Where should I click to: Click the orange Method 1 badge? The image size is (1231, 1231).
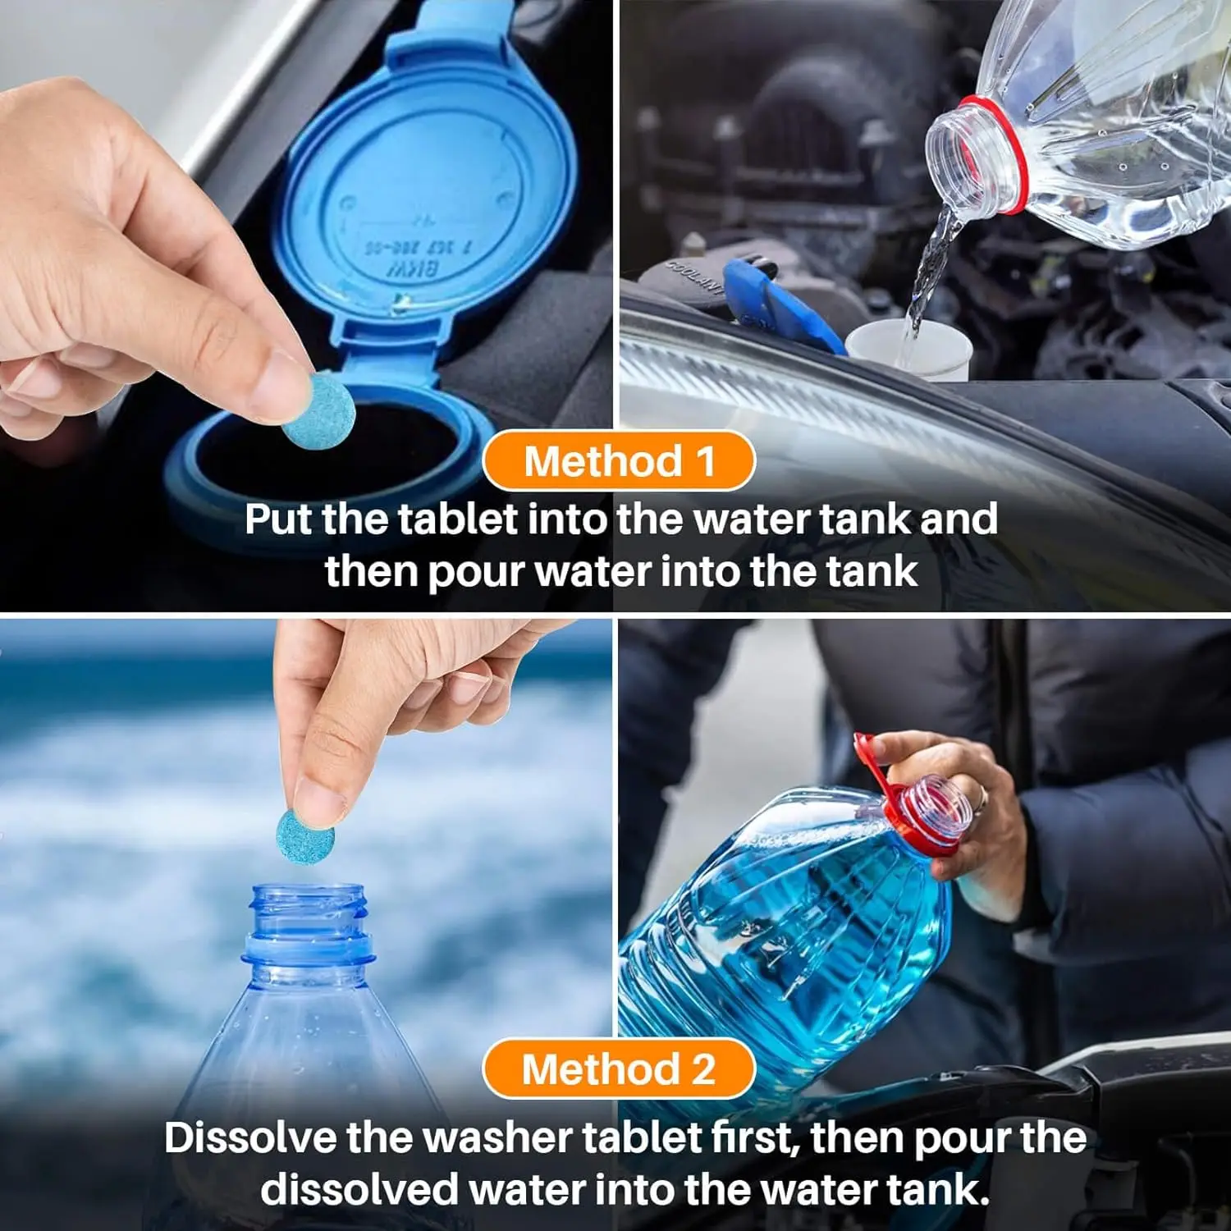pyautogui.click(x=618, y=460)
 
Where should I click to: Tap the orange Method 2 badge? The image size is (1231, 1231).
pyautogui.click(x=618, y=1069)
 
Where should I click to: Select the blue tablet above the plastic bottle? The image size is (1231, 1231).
pyautogui.click(x=305, y=836)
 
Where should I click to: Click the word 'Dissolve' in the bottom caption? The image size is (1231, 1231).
pyautogui.click(x=249, y=1138)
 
